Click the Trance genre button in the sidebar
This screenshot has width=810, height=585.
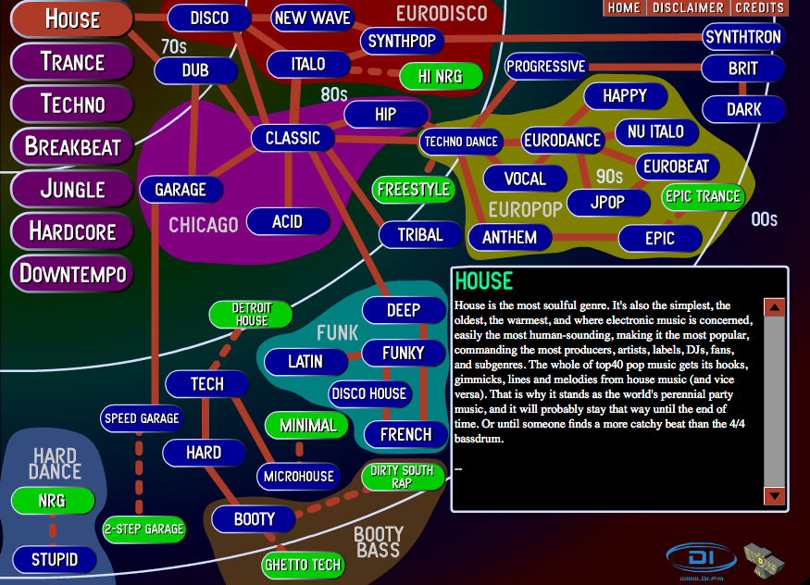coord(72,61)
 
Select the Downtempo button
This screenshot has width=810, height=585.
coord(72,273)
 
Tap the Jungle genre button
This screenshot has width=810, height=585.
coord(72,189)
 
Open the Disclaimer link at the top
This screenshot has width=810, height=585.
coord(688,7)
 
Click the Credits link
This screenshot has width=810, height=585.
coord(759,7)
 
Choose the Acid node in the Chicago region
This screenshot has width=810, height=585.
coord(288,221)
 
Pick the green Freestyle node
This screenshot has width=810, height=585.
coord(413,190)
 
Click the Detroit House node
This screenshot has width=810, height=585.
coord(251,314)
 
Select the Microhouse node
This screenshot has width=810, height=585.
coord(299,476)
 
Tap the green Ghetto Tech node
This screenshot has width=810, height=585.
coord(303,565)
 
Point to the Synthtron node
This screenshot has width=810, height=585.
coord(743,37)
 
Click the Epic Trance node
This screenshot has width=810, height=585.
coord(703,197)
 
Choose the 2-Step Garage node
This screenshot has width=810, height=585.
coord(143,529)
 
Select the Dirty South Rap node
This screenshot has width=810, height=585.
coord(403,477)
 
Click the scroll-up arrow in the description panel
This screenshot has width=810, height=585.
coord(774,307)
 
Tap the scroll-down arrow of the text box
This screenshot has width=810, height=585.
coord(774,495)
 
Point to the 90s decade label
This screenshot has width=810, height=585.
coord(609,177)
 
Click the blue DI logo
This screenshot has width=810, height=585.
coord(701,559)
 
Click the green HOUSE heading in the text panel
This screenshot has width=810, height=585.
coord(483,281)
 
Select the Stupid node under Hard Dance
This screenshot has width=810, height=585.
coord(55,560)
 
